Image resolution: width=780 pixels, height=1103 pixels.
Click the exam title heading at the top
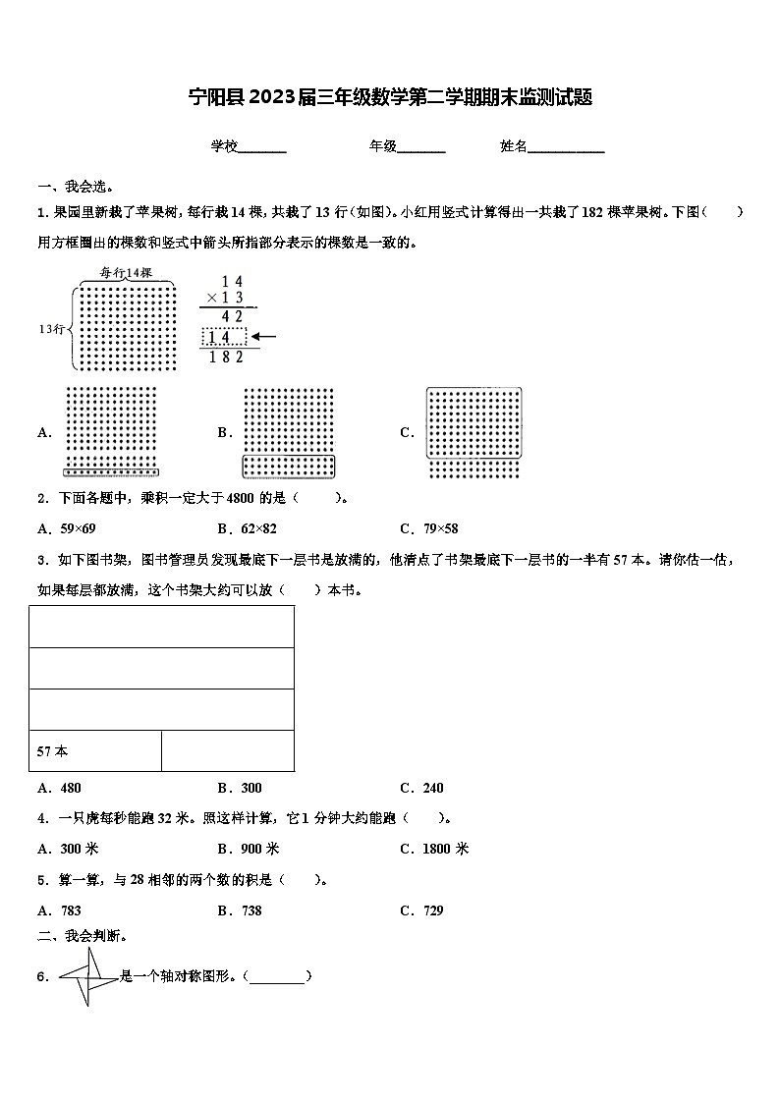pos(390,97)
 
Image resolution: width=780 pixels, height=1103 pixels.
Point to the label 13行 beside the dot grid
pos(51,329)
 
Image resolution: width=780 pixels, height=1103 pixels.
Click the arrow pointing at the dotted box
pos(264,337)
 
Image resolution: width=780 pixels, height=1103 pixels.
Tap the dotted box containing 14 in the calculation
pos(224,337)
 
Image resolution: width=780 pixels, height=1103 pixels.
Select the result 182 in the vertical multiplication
pos(226,357)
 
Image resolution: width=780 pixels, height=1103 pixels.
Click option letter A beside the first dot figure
pos(44,432)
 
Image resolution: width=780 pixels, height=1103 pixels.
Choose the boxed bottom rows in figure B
pos(289,465)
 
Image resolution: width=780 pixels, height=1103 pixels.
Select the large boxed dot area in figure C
pos(474,422)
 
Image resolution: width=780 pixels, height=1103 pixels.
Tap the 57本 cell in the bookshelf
pos(94,751)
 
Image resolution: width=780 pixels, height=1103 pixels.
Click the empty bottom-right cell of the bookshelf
pos(227,751)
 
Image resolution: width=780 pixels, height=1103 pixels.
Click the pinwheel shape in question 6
pos(88,976)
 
